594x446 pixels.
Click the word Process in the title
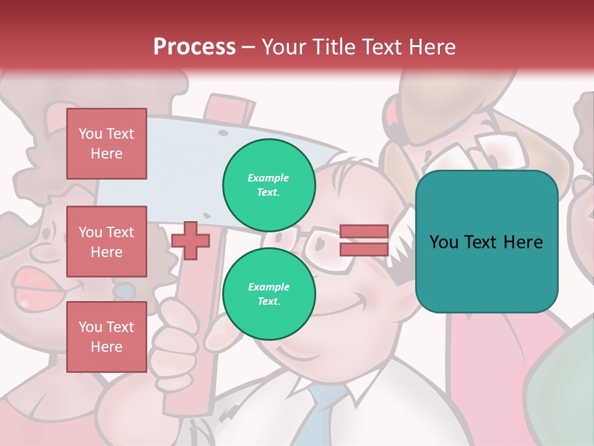194,47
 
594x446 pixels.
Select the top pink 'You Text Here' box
106,144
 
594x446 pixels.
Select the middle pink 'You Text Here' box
106,242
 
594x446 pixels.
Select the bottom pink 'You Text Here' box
106,337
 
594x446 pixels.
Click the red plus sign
191,240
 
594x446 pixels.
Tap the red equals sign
364,240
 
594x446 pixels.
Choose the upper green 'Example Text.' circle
269,185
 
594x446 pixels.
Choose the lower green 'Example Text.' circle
269,294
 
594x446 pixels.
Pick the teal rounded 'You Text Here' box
486,242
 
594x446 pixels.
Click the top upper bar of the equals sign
364,232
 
